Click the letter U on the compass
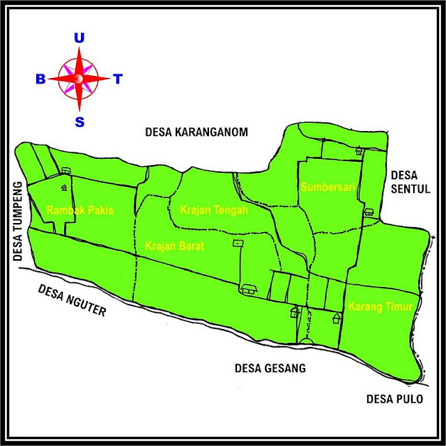[79, 39]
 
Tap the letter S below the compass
[79, 122]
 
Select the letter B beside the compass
[40, 79]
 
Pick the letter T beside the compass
[118, 79]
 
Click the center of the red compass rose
[79, 79]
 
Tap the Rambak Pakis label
[79, 210]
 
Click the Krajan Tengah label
[213, 209]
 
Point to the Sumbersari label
[329, 187]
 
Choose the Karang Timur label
[380, 307]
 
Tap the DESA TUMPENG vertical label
[18, 221]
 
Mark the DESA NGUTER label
[72, 300]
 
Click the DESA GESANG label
[270, 369]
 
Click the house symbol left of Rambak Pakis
[63, 187]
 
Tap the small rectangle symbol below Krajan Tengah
[238, 243]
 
